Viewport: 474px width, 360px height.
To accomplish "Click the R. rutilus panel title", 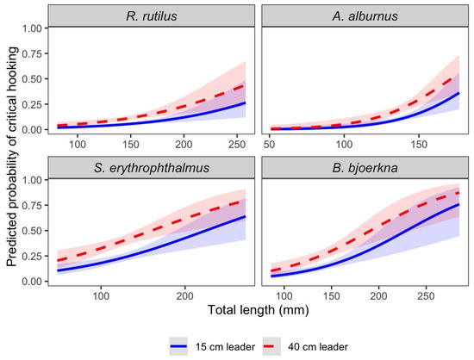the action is coord(152,16).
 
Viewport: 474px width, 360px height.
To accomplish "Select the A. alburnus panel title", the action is coord(365,16).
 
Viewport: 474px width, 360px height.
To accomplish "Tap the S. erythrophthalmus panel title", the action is coord(152,168).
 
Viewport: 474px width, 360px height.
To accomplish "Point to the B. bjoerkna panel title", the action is coord(365,168).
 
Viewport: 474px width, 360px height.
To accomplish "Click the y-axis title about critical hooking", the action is coord(12,157).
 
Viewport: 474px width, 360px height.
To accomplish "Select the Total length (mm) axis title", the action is coord(259,310).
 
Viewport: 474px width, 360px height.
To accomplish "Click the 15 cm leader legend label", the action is coord(225,347).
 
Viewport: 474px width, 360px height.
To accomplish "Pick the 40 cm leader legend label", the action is coord(318,347).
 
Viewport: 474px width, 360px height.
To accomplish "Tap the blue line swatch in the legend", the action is coord(178,346).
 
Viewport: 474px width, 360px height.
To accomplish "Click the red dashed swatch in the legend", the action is coord(271,346).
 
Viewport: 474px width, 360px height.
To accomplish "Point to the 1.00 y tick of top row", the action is coord(34,28).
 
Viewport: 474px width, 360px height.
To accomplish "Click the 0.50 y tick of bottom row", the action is coord(34,231).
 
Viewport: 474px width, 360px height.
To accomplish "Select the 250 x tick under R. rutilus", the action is coord(237,145).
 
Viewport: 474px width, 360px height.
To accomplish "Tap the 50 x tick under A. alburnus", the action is coord(269,145).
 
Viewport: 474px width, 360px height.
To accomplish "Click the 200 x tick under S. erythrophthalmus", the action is coord(184,296).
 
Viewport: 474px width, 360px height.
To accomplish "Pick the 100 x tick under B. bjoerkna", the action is coord(284,296).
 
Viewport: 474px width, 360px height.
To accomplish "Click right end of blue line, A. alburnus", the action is coord(459,93).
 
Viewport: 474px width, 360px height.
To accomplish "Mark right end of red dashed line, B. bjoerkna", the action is coord(459,193).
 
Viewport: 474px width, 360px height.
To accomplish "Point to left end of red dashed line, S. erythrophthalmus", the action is coord(58,260).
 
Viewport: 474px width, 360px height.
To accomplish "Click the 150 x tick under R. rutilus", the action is coord(131,145).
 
